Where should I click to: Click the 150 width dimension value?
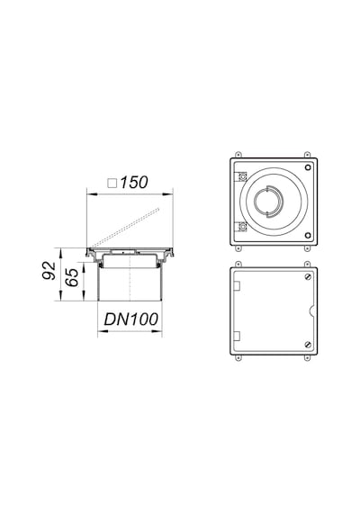point(134,182)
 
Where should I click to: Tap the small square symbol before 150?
point(112,184)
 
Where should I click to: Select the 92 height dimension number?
point(49,270)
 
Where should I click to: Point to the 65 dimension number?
point(72,277)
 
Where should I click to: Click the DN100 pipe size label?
point(130,319)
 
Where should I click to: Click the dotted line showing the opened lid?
point(125,227)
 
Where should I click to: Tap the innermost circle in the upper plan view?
point(267,202)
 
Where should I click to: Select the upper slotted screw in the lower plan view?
point(308,277)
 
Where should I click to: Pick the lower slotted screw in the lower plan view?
point(308,344)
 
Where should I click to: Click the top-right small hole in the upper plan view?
point(308,167)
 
